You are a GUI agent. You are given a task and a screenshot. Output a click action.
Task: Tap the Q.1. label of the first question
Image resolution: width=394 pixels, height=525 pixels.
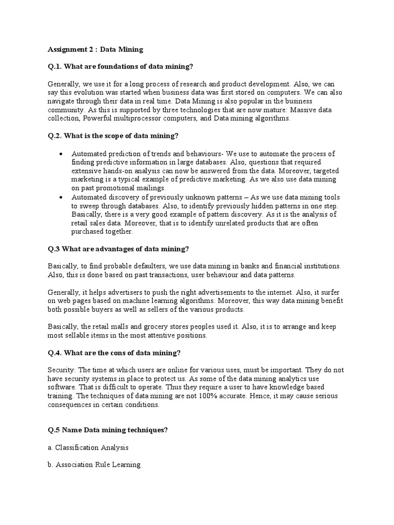[55, 67]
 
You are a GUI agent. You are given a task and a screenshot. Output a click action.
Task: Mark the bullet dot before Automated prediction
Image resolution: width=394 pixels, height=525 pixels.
[62, 154]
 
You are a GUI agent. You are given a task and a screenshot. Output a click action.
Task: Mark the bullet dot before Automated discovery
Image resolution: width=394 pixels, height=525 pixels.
[62, 197]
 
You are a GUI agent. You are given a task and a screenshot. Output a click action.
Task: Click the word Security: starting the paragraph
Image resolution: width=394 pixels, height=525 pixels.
[62, 370]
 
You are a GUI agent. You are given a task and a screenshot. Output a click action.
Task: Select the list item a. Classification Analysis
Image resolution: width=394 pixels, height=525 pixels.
[87, 448]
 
